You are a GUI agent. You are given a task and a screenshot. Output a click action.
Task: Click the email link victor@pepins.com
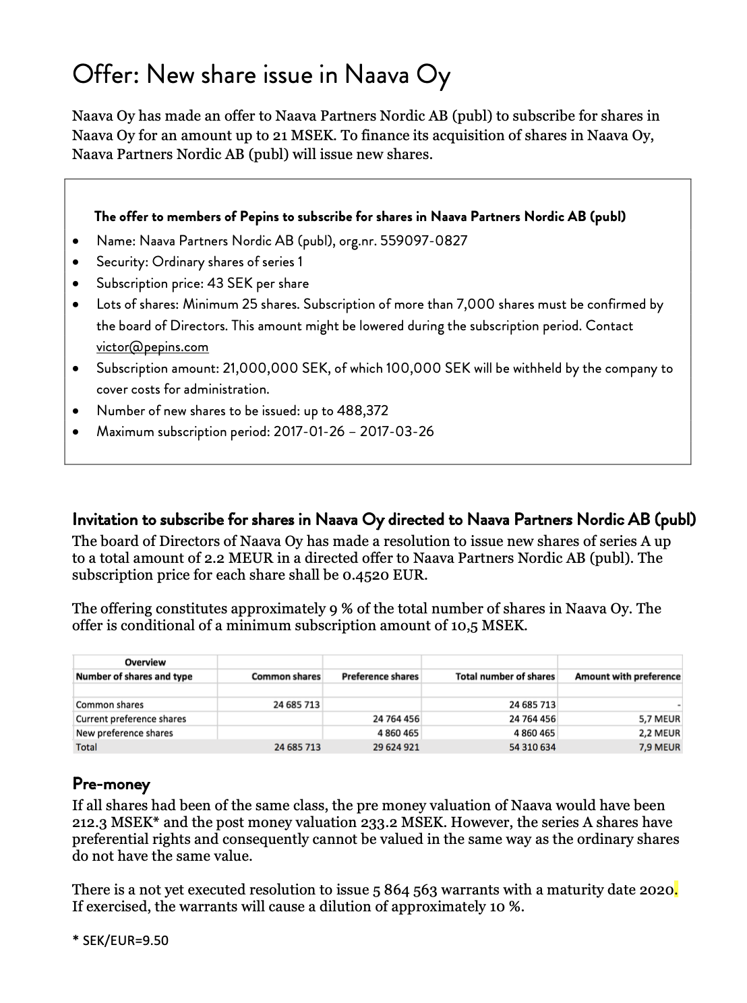click(152, 347)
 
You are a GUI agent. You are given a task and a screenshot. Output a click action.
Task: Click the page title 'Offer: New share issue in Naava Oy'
click(261, 75)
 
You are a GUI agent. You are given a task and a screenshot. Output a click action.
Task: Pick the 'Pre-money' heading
click(111, 784)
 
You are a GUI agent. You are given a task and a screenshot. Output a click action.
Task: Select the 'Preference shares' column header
click(380, 676)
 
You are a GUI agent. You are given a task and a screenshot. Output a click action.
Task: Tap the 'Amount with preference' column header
click(627, 676)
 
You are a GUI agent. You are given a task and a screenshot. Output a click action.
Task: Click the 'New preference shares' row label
click(124, 733)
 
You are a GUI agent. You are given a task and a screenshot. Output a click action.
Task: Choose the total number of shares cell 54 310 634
click(532, 747)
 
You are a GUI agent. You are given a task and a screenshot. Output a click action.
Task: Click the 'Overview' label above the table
click(145, 662)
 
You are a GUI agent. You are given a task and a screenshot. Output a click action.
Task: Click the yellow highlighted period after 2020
click(676, 891)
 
